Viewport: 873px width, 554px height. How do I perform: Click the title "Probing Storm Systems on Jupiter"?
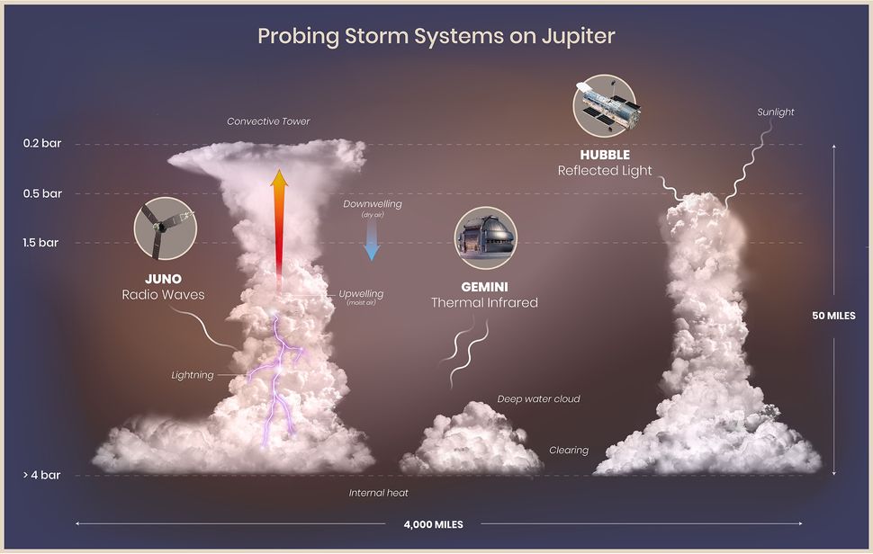coord(436,36)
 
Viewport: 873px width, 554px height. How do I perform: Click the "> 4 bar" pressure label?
coord(41,475)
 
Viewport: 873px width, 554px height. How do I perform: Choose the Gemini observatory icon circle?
coord(485,238)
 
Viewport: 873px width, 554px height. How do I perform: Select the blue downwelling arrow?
coord(371,240)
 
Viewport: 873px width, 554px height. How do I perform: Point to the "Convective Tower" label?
coord(268,121)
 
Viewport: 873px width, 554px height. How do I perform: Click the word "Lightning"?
coord(193,375)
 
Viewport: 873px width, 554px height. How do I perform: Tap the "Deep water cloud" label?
coord(538,398)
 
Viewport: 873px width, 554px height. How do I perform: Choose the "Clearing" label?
coord(569,450)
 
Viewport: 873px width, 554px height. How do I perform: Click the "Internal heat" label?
coord(379,493)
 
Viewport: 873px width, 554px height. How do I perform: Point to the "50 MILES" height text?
coord(833,316)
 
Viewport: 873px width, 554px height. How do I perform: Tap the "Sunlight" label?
coord(775,112)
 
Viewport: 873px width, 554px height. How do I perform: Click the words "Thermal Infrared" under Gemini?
coord(484,302)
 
